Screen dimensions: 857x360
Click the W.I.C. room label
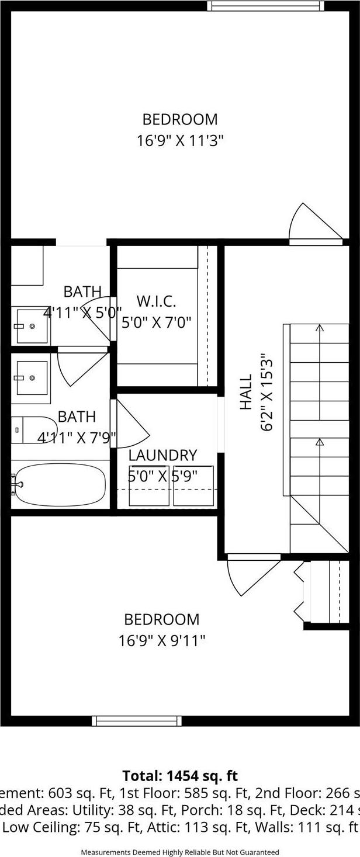click(156, 301)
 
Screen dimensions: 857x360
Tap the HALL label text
click(246, 392)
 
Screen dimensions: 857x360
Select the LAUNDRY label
click(162, 455)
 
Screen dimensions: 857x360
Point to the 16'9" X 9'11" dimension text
click(162, 641)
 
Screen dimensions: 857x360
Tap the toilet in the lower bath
click(33, 430)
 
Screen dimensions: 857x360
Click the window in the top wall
click(265, 6)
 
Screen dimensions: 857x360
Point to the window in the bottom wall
click(137, 721)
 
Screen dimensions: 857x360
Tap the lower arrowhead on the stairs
click(319, 442)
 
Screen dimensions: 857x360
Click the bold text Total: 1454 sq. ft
click(180, 775)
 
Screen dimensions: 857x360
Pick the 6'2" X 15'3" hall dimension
click(267, 392)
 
